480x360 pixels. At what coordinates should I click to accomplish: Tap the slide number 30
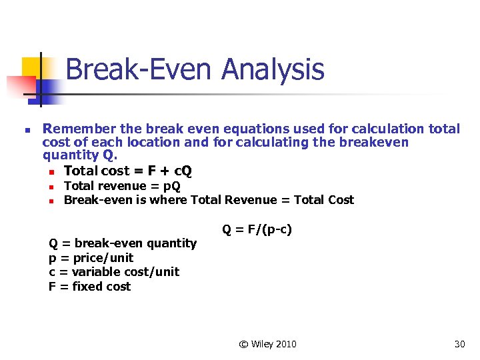459,344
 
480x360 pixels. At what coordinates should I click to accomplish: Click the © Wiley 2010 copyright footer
267,344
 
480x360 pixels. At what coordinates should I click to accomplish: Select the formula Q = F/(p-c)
257,229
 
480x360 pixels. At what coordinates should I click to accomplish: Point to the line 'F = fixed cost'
89,287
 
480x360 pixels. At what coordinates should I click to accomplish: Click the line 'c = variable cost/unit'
114,272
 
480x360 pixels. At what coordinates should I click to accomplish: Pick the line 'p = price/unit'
91,258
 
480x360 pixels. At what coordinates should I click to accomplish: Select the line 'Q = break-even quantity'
123,243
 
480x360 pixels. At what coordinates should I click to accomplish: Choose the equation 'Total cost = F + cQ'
128,171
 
